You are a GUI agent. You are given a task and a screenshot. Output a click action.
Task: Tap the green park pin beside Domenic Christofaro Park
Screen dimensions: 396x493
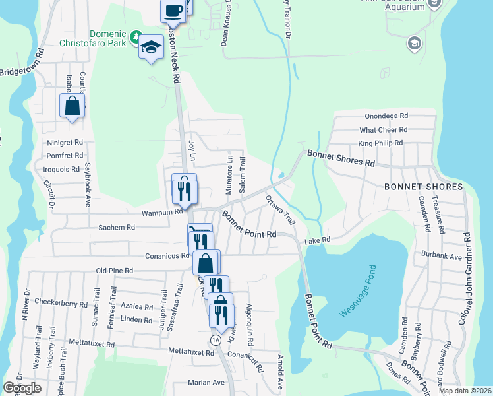pyautogui.click(x=136, y=34)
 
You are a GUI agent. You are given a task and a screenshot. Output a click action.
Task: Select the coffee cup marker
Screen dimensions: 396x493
pyautogui.click(x=173, y=11)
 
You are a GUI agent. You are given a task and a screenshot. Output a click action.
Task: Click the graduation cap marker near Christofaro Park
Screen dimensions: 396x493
pyautogui.click(x=151, y=47)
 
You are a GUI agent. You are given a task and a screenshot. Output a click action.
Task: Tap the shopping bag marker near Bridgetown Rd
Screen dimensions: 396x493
pyautogui.click(x=72, y=106)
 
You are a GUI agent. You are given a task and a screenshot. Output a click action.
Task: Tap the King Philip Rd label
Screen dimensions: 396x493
pyautogui.click(x=380, y=143)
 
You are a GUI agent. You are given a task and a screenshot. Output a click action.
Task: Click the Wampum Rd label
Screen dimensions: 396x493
pyautogui.click(x=161, y=213)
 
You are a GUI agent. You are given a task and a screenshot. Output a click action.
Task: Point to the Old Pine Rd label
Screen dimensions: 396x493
pyautogui.click(x=115, y=271)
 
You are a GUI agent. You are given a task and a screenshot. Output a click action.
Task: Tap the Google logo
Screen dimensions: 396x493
pyautogui.click(x=22, y=388)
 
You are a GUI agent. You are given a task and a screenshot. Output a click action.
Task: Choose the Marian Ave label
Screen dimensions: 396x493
pyautogui.click(x=206, y=383)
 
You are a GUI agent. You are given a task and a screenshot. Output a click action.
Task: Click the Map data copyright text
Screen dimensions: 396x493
pyautogui.click(x=465, y=391)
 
